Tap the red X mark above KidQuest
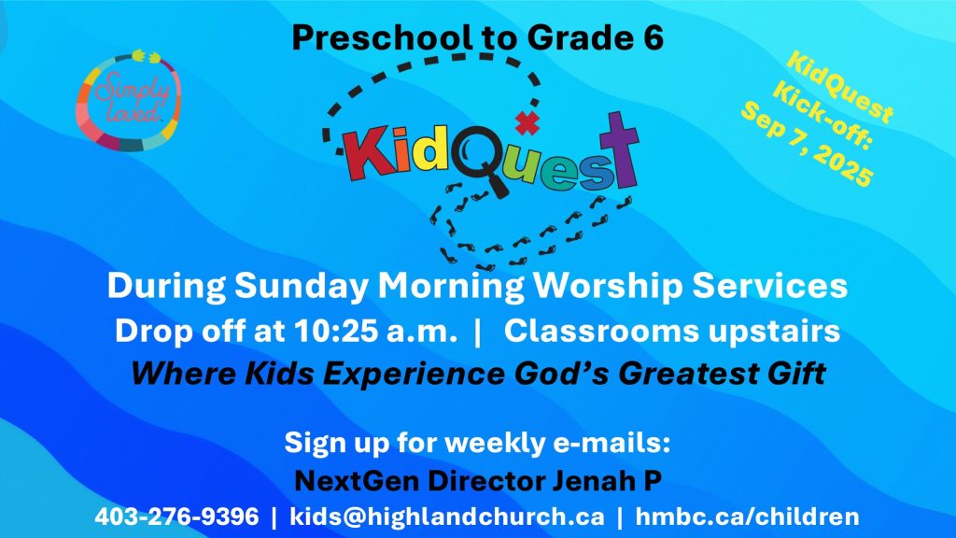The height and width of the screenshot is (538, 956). pos(527,123)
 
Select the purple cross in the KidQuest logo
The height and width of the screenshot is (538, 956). pos(620,149)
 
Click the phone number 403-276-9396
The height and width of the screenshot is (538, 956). pos(176,517)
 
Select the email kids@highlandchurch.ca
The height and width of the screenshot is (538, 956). pos(447,517)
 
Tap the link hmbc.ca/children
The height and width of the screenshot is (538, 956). pos(748,517)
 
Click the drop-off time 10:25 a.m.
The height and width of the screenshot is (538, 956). pos(375,332)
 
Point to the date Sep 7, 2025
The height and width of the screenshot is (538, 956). pos(808,144)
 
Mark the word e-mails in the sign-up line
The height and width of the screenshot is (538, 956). pos(612,442)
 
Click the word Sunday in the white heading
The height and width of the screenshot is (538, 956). pos(302,287)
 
